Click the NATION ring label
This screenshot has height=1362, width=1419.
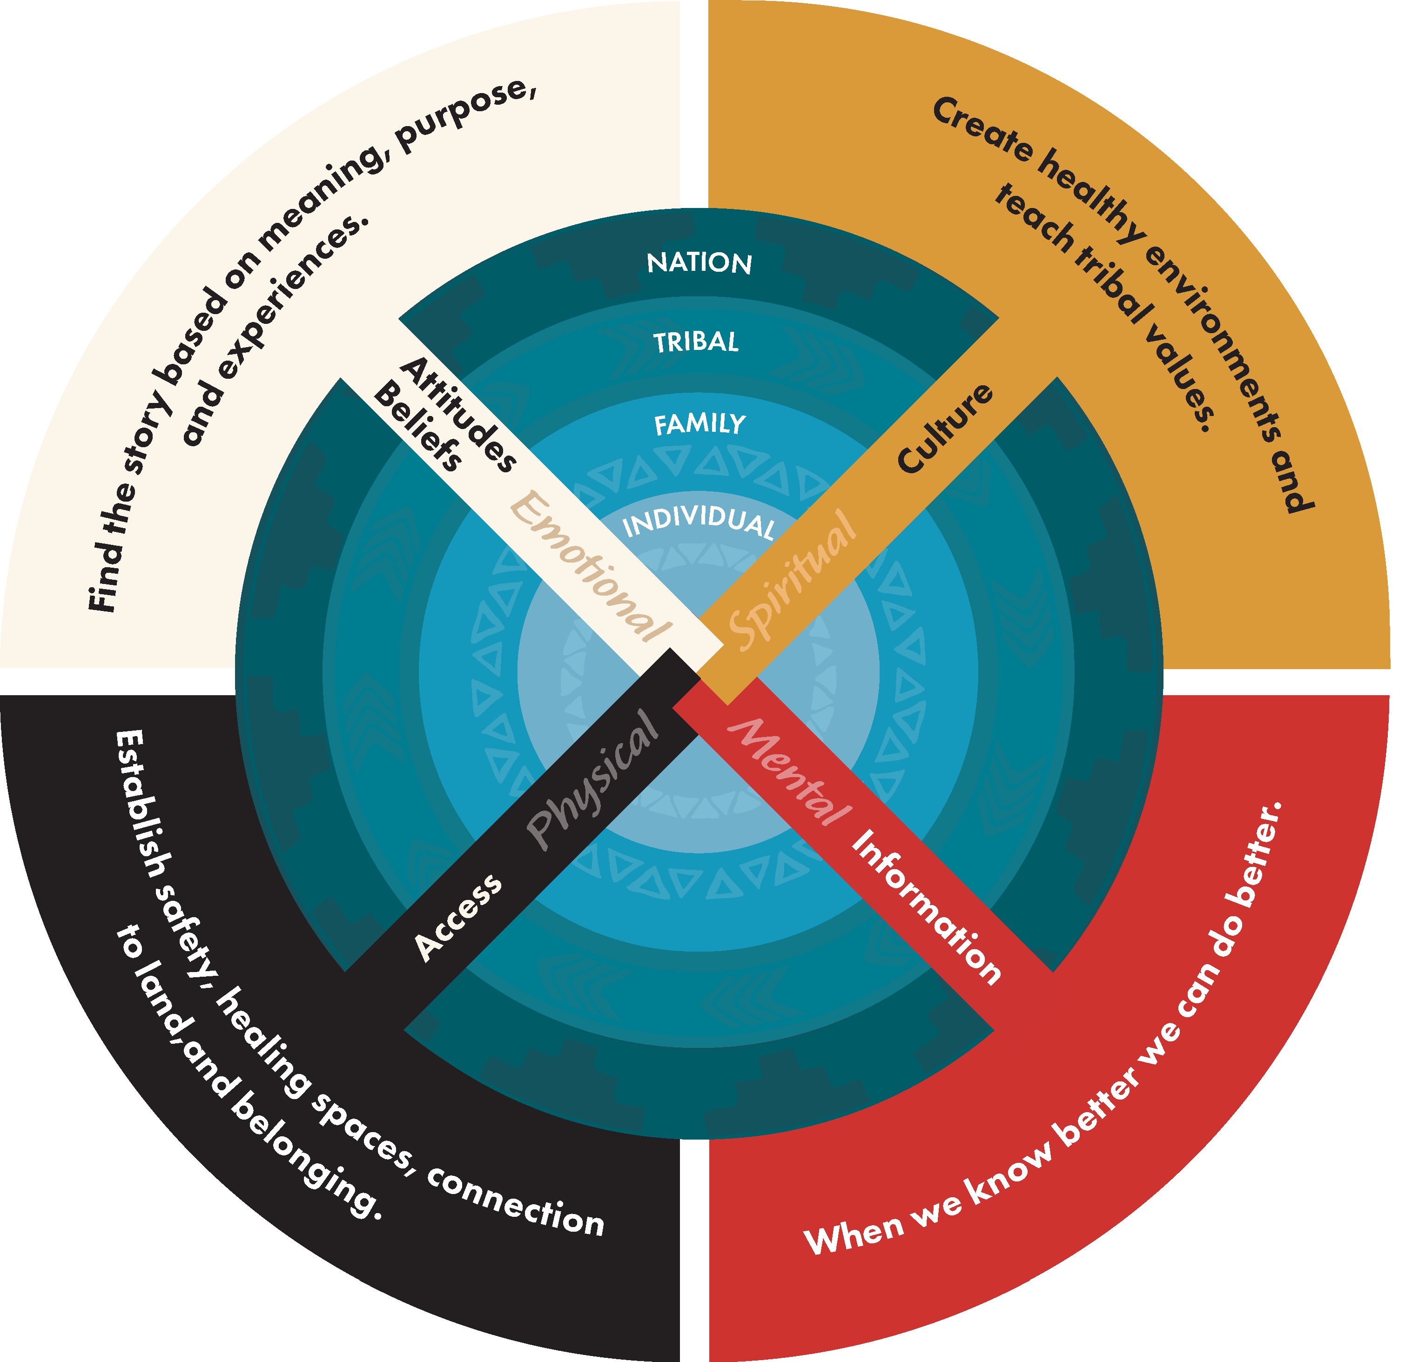[x=699, y=263]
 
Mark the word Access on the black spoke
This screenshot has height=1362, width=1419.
[x=457, y=917]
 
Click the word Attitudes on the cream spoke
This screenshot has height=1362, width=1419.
[x=459, y=414]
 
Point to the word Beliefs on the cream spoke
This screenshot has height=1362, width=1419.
[x=418, y=428]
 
